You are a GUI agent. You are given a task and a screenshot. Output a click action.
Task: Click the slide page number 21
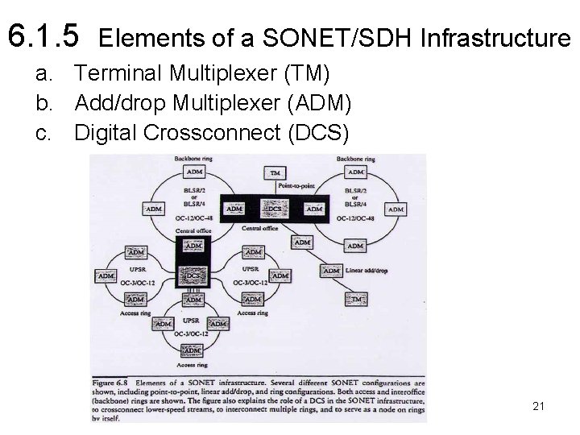point(539,407)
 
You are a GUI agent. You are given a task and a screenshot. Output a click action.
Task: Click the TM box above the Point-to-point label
point(275,173)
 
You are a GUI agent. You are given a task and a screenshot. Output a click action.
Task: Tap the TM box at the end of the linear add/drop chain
point(359,300)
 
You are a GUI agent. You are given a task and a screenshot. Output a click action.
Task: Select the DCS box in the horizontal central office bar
point(275,209)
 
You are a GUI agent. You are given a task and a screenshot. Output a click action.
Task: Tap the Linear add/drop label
point(367,271)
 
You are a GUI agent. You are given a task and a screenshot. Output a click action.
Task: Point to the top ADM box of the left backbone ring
point(194,172)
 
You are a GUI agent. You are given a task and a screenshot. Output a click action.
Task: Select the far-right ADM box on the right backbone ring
point(395,209)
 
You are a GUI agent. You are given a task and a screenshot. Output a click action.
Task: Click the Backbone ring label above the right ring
point(354,159)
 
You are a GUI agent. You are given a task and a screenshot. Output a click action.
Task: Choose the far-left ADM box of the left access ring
point(106,276)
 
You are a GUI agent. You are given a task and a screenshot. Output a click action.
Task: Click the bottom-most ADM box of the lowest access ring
point(193,350)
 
